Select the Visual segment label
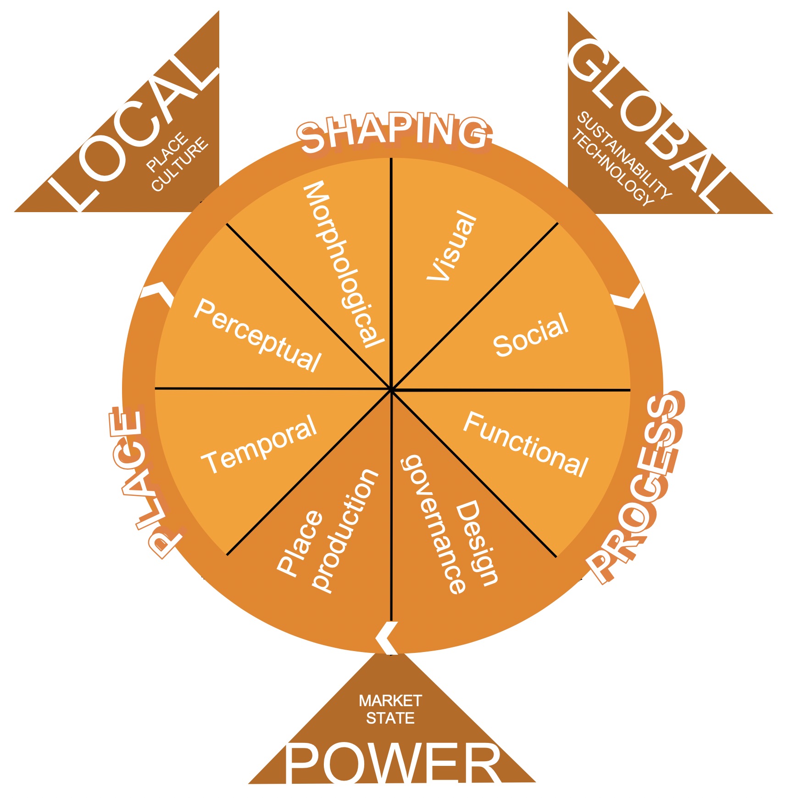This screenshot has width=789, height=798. (x=452, y=246)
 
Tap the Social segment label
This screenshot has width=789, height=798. (x=531, y=335)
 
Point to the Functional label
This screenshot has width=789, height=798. (x=526, y=444)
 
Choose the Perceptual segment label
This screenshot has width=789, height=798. (x=257, y=335)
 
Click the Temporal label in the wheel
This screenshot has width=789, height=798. (x=260, y=444)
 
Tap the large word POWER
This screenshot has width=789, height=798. (x=394, y=762)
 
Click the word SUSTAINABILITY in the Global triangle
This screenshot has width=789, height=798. (x=624, y=156)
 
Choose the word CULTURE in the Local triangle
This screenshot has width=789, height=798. (x=180, y=165)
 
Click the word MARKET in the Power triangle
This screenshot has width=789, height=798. (x=390, y=701)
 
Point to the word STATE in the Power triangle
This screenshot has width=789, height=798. (x=390, y=718)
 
